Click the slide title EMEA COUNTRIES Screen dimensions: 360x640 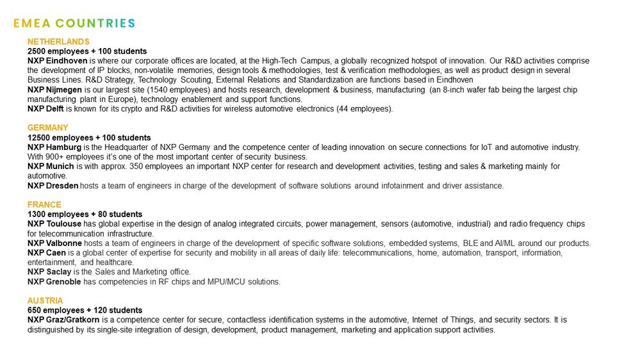(x=74, y=24)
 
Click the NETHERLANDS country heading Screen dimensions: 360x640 (x=58, y=42)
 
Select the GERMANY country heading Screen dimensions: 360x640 (x=47, y=128)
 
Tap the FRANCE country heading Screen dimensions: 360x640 (x=44, y=205)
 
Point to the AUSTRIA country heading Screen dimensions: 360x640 (x=45, y=300)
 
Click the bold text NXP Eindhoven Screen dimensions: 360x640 (x=57, y=61)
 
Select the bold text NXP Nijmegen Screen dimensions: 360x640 (x=56, y=90)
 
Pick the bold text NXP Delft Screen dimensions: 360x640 (x=45, y=109)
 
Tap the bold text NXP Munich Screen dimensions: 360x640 (x=51, y=167)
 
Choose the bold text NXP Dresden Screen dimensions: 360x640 (x=53, y=186)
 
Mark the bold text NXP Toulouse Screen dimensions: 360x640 (x=54, y=224)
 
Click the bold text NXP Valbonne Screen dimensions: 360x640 (x=55, y=243)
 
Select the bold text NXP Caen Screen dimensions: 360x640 (x=46, y=253)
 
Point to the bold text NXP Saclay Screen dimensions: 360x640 (x=49, y=272)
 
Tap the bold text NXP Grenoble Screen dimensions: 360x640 (x=54, y=282)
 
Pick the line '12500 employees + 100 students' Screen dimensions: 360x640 (x=89, y=138)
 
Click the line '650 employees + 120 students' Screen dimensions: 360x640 (x=85, y=310)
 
